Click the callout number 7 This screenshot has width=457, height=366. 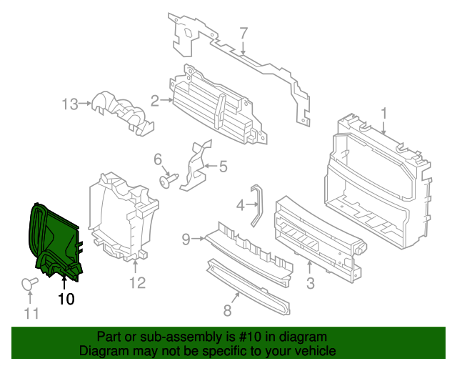(x=243, y=33)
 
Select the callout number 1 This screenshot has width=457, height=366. (x=383, y=113)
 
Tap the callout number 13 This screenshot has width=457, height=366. (x=69, y=104)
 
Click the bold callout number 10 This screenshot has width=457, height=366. (x=66, y=300)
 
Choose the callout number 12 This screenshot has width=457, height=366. (x=137, y=282)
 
